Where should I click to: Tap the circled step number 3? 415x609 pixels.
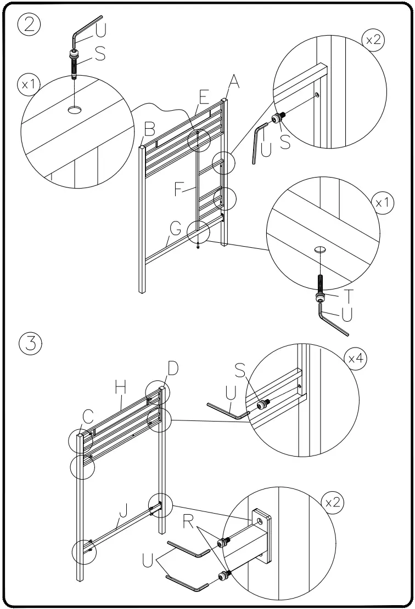point(29,344)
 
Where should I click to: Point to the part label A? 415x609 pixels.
point(234,82)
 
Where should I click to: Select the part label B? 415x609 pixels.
point(149,130)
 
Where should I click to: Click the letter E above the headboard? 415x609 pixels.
point(204,97)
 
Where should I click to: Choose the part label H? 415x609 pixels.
point(121,388)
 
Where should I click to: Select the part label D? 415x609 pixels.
point(172,368)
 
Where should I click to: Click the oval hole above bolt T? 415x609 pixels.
point(320,250)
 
